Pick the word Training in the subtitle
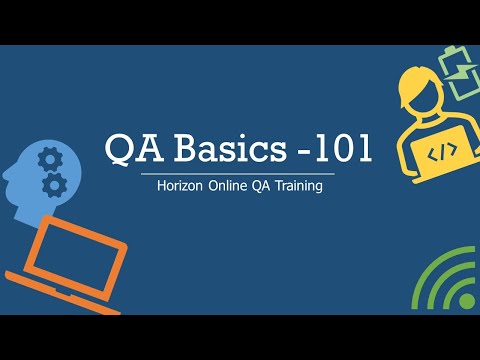click(297, 187)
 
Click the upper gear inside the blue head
click(46, 158)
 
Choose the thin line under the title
click(240, 173)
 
